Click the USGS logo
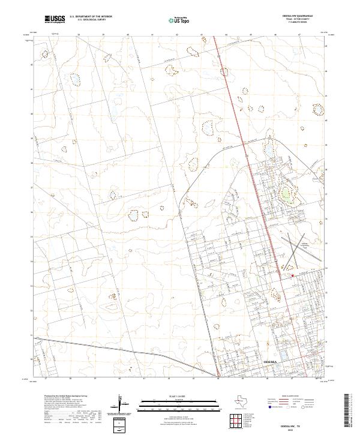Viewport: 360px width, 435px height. coord(55,19)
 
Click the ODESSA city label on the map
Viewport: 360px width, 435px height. coord(271,363)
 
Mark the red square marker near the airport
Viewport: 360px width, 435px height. coord(292,275)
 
